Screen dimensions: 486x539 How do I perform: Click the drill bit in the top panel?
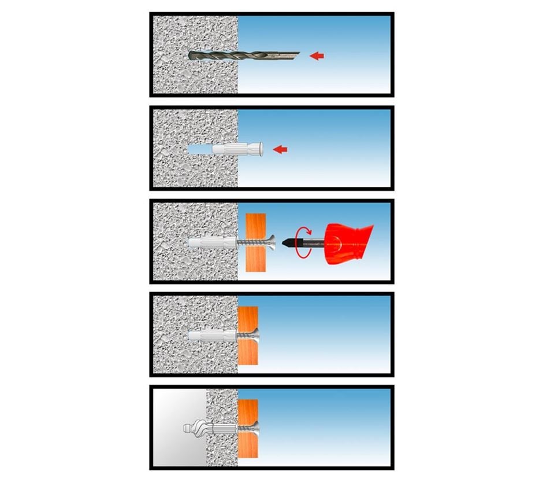click(x=243, y=56)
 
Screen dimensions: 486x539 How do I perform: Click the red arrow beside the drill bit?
click(x=317, y=56)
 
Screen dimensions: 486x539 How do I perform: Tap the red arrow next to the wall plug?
click(x=280, y=149)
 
